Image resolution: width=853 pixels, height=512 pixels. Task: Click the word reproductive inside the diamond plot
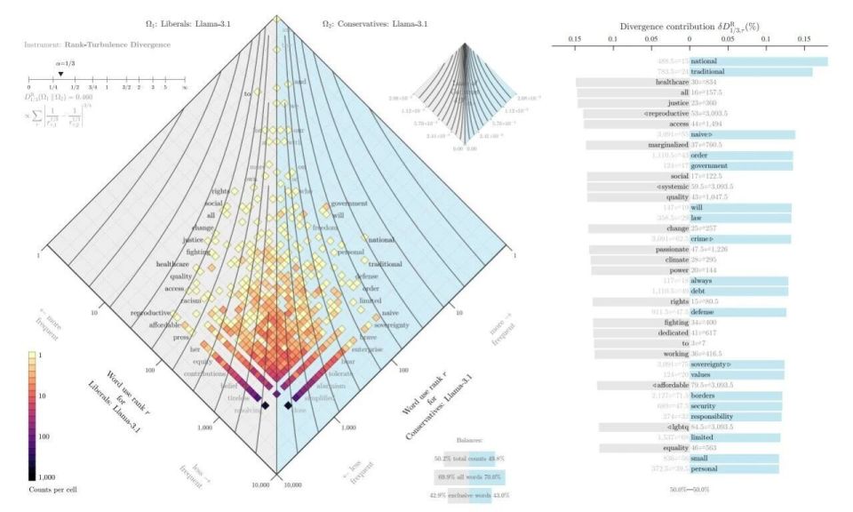click(154, 313)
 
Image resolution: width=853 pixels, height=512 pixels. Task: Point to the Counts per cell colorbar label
click(49, 488)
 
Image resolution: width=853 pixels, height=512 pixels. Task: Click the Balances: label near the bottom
click(466, 440)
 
